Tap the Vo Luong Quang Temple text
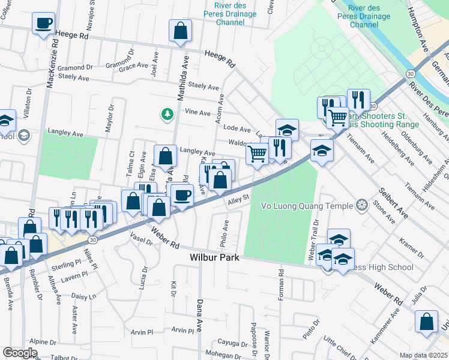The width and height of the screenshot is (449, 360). pyautogui.click(x=306, y=206)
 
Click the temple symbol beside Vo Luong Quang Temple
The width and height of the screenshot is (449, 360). pyautogui.click(x=361, y=206)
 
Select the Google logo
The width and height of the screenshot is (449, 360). pyautogui.click(x=20, y=353)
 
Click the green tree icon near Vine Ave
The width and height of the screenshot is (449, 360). pyautogui.click(x=167, y=113)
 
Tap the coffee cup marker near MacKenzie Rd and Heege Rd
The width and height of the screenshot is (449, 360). pyautogui.click(x=43, y=24)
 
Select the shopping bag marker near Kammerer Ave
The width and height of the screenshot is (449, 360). pyautogui.click(x=427, y=321)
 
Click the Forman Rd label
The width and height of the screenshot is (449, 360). pyautogui.click(x=281, y=281)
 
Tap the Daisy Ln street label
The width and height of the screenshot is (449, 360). pyautogui.click(x=84, y=296)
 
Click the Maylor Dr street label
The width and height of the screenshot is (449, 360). pyautogui.click(x=110, y=119)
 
